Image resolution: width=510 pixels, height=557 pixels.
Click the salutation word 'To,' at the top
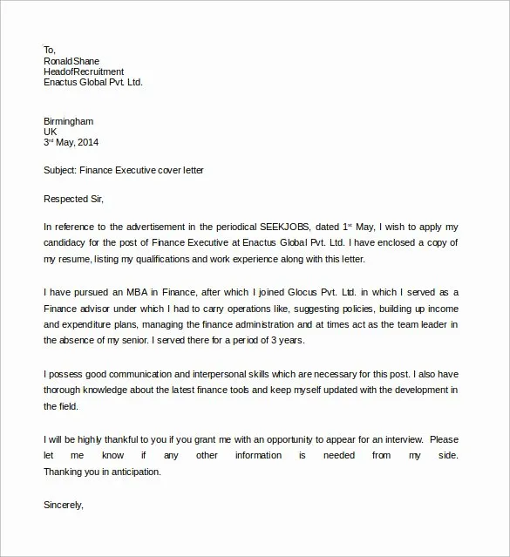click(50, 50)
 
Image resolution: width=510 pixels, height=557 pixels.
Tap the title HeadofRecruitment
click(84, 71)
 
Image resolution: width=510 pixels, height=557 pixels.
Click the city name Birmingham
click(68, 121)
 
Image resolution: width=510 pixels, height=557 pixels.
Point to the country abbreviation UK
click(51, 132)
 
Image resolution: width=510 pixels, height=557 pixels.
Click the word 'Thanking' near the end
click(65, 471)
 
